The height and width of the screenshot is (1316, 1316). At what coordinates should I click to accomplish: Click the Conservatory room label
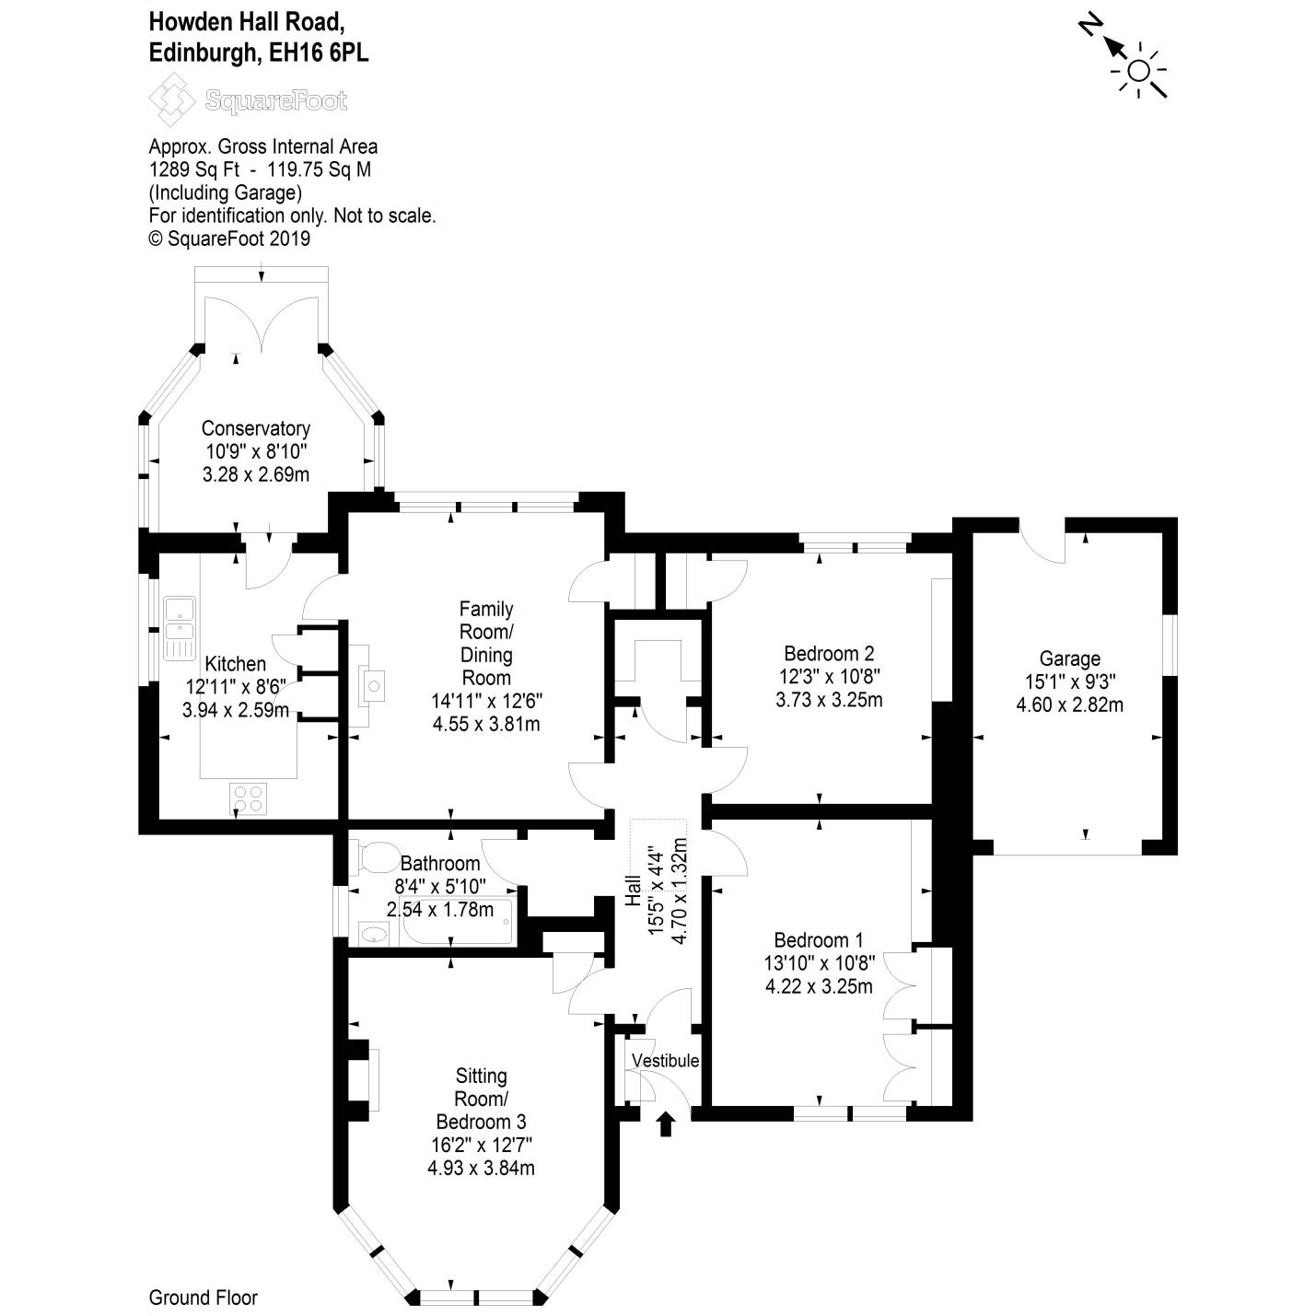tap(255, 428)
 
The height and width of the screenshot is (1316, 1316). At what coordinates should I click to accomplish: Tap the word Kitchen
tap(235, 664)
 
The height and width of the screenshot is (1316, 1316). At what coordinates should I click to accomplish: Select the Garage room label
tap(1069, 659)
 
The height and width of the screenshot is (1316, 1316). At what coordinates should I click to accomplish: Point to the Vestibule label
tap(665, 1061)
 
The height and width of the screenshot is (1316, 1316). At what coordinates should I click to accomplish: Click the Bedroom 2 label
tap(829, 654)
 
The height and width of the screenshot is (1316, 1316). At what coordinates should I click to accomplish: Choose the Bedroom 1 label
tap(818, 939)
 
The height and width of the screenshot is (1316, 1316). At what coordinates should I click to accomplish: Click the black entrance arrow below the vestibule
tap(666, 1124)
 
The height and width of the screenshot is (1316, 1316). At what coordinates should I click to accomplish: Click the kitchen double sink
tap(180, 628)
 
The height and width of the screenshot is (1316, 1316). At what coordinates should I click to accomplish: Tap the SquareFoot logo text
tap(276, 101)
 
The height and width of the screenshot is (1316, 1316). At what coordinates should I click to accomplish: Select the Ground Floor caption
tap(203, 1298)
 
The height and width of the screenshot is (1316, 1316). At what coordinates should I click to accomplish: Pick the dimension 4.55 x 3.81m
tap(485, 723)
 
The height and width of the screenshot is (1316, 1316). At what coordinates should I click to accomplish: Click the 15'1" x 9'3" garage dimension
tap(1069, 681)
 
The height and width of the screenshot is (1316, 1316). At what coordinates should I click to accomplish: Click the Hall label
tap(633, 891)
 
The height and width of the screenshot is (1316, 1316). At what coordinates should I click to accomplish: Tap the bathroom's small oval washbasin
tap(373, 934)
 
